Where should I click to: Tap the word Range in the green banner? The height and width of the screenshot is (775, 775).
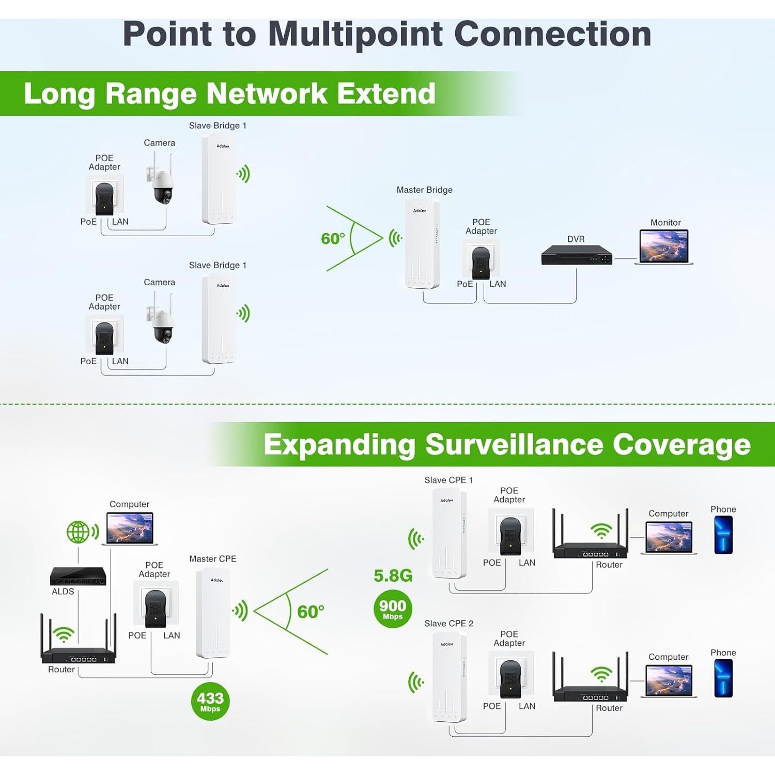point(150,94)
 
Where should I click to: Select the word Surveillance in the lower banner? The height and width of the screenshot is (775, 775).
point(514,444)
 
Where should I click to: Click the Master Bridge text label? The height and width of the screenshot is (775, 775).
point(424,190)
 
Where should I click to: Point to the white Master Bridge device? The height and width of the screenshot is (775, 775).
point(422,243)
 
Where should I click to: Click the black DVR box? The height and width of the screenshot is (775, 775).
point(576,255)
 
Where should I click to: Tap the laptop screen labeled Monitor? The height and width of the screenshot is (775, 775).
point(664,246)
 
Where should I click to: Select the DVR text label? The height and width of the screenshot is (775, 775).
point(576,239)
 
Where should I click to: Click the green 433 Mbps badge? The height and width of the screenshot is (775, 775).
point(210,701)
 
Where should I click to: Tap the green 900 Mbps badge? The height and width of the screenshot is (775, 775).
point(393,609)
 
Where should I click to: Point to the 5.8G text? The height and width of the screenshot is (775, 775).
point(393,576)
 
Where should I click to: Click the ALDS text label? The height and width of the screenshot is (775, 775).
point(63,592)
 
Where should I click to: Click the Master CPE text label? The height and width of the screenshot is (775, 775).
point(212,559)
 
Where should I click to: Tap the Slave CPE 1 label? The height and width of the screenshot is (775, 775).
point(448,480)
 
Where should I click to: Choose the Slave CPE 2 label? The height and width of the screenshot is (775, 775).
point(448,624)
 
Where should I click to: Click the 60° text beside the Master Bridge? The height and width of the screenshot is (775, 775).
point(333,239)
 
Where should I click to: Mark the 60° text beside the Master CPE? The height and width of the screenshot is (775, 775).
point(311,612)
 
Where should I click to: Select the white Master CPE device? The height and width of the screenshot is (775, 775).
point(213,613)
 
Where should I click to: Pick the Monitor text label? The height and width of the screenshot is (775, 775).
point(665,223)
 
